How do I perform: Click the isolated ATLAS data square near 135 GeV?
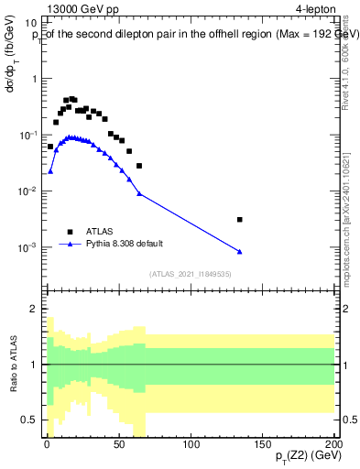point(239,220)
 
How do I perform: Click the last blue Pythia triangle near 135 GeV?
point(239,252)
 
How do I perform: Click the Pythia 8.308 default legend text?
point(132,245)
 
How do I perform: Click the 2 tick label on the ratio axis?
point(34,310)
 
